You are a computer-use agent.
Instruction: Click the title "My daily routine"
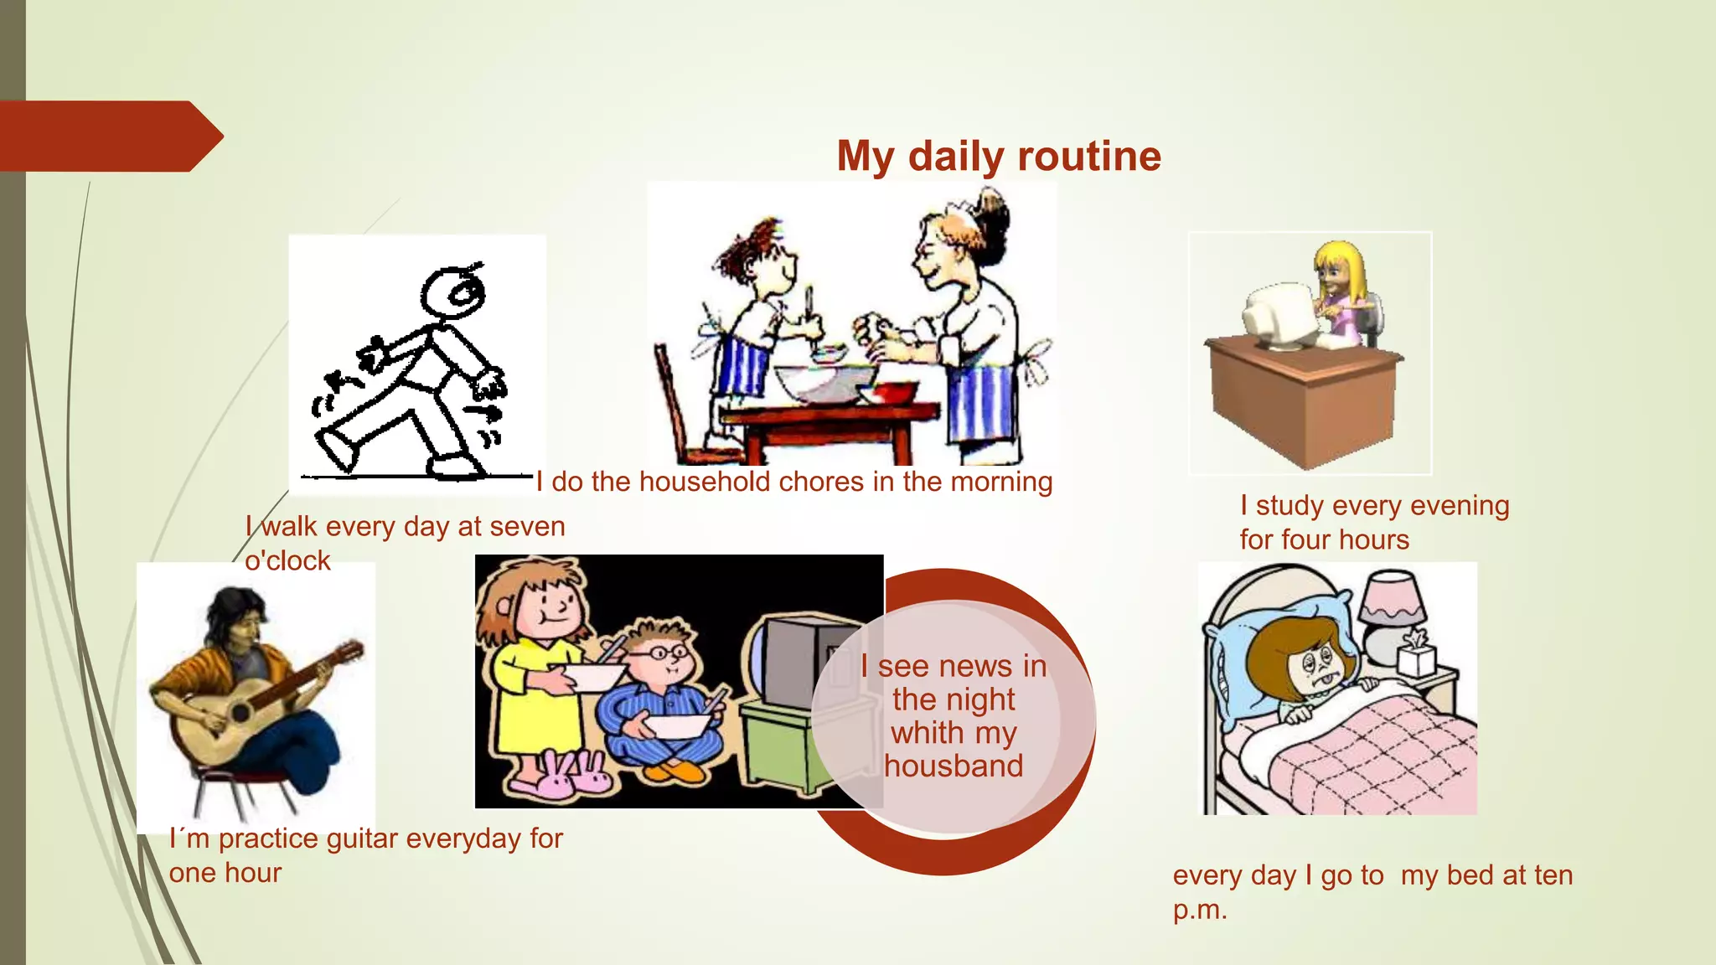[999, 157]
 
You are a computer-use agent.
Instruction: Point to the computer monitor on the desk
[1279, 317]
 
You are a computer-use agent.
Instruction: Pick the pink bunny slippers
[563, 776]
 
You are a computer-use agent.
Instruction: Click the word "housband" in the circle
[954, 766]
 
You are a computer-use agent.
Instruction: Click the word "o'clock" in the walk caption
[287, 560]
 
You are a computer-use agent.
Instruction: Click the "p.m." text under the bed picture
[1200, 910]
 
